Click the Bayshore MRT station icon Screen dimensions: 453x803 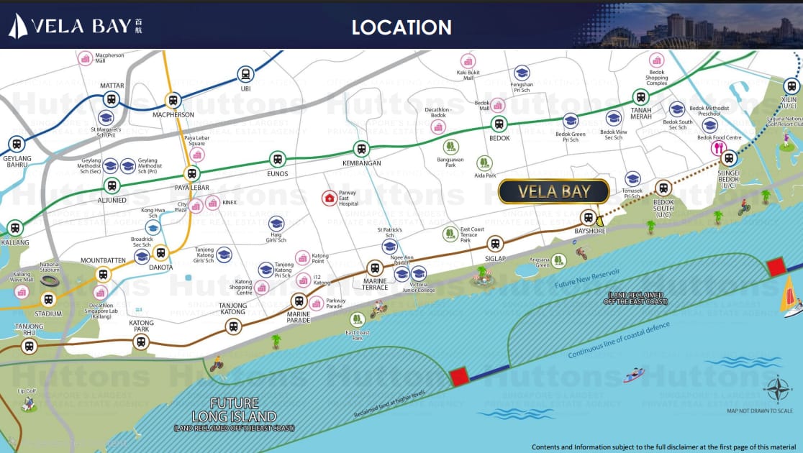pyautogui.click(x=589, y=217)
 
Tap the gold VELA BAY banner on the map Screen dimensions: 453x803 pyautogui.click(x=554, y=191)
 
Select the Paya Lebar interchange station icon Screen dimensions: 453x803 pyautogui.click(x=191, y=173)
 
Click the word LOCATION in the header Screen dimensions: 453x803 pyautogui.click(x=401, y=27)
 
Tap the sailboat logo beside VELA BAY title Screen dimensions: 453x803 pyautogui.click(x=18, y=27)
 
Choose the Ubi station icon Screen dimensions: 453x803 pyautogui.click(x=246, y=74)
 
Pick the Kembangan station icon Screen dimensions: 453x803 pyautogui.click(x=361, y=149)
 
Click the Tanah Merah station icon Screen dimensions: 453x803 pyautogui.click(x=640, y=97)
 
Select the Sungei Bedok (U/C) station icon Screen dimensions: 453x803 pyautogui.click(x=729, y=159)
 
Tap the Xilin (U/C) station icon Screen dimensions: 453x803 pyautogui.click(x=791, y=86)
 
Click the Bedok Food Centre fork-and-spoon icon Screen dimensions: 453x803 pyautogui.click(x=717, y=148)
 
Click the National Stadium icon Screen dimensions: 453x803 pyautogui.click(x=50, y=281)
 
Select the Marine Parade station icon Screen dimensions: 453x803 pyautogui.click(x=299, y=301)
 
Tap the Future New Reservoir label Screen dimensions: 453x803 pyautogui.click(x=586, y=279)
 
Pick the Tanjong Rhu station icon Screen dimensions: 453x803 pyautogui.click(x=29, y=347)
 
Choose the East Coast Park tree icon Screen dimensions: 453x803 pyautogui.click(x=356, y=319)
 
